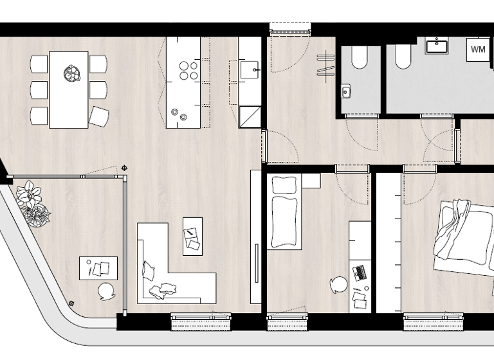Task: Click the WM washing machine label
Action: (478, 50)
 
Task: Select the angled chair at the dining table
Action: (98, 116)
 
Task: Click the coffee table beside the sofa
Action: (192, 236)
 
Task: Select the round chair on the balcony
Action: (106, 291)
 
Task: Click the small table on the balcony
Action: (98, 267)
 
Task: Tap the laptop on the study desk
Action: (361, 272)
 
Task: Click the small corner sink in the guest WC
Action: (346, 92)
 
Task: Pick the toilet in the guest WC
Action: (359, 59)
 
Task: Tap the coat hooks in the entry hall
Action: (325, 65)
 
